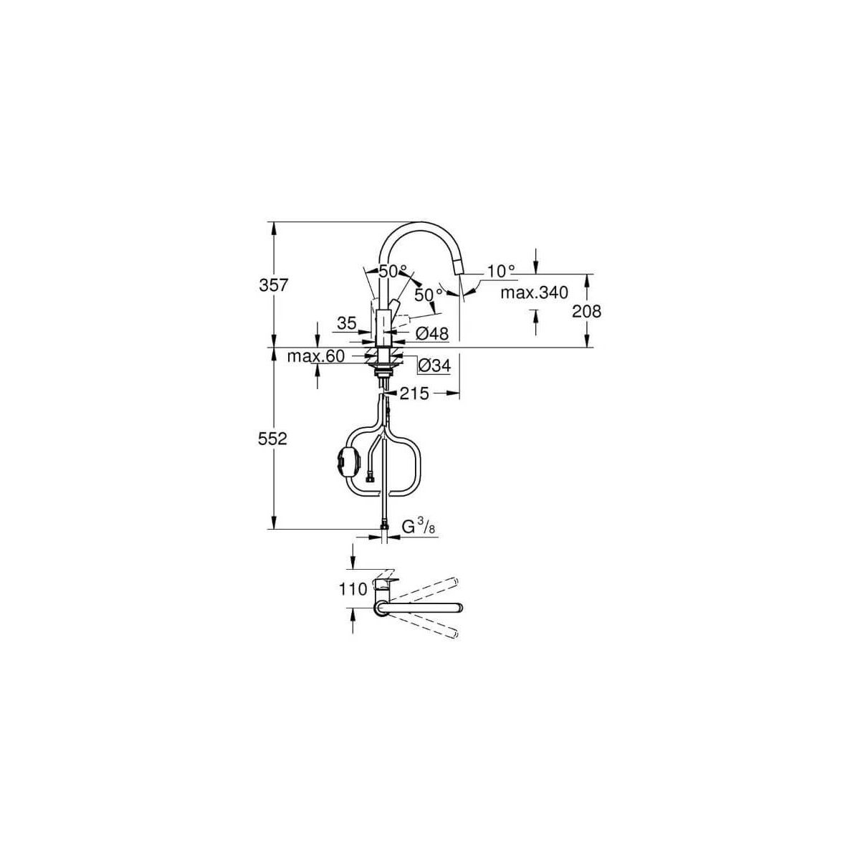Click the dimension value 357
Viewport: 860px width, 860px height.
[x=274, y=285]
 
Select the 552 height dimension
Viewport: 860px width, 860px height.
[x=272, y=439]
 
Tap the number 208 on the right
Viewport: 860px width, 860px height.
[x=586, y=311]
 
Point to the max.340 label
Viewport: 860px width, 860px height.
[x=534, y=293]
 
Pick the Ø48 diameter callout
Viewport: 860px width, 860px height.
[x=431, y=333]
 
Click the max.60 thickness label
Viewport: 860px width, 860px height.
[x=316, y=356]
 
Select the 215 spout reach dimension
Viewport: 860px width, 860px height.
[x=414, y=393]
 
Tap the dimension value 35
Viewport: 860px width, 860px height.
[x=347, y=322]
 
